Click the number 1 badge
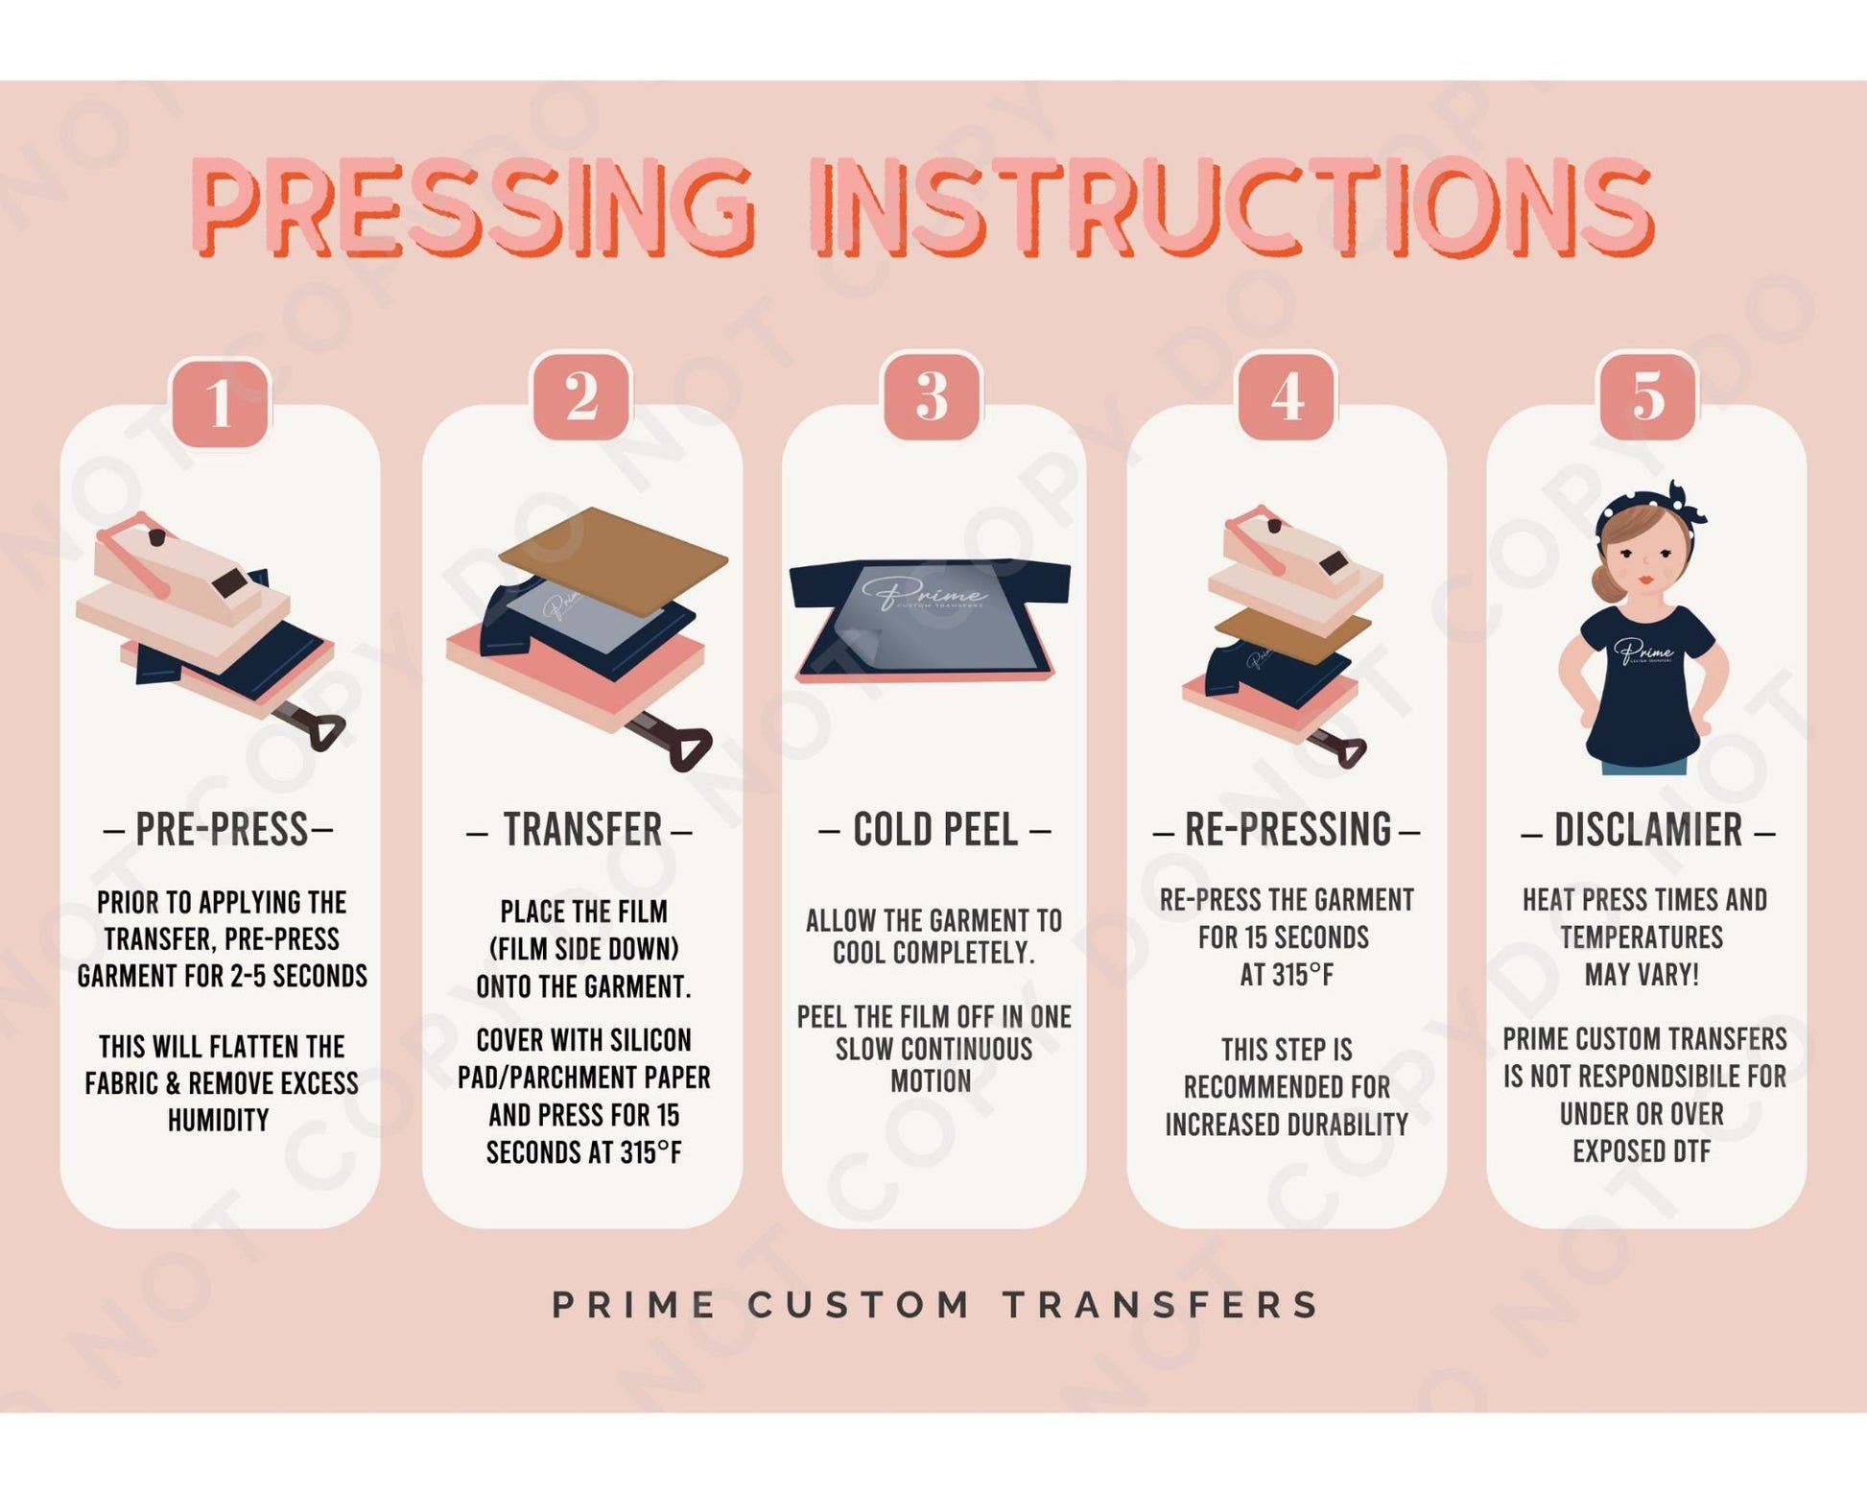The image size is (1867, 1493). pyautogui.click(x=220, y=402)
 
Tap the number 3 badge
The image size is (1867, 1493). pyautogui.click(x=932, y=396)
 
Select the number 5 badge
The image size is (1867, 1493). pyautogui.click(x=1647, y=395)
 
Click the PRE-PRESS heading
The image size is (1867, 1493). pyautogui.click(x=220, y=830)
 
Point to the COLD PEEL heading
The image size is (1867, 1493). pyautogui.click(x=934, y=830)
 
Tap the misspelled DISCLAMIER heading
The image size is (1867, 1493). pyautogui.click(x=1647, y=830)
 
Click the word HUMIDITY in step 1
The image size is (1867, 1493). pyautogui.click(x=219, y=1121)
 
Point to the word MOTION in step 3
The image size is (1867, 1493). pyautogui.click(x=931, y=1081)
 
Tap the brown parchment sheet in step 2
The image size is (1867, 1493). pyautogui.click(x=614, y=557)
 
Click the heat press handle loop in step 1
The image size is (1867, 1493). pyautogui.click(x=323, y=733)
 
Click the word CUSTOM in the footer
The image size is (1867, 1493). pyautogui.click(x=860, y=1305)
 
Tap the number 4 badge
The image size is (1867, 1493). pyautogui.click(x=1287, y=396)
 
